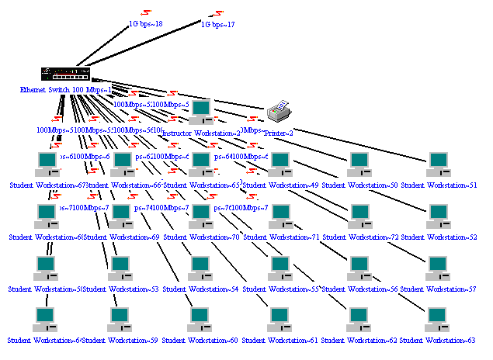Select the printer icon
tap(279, 112)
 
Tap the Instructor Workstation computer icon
tap(201, 111)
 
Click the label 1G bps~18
tap(145, 24)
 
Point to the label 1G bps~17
tap(218, 24)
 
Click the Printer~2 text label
tap(279, 133)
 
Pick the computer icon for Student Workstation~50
tap(359, 163)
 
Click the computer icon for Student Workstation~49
tap(279, 163)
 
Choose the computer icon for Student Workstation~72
tap(359, 215)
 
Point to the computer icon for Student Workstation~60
tap(200, 318)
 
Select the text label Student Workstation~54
tap(200, 289)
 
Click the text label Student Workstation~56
tap(359, 289)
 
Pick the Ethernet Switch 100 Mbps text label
tap(65, 90)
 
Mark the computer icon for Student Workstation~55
tap(279, 267)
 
